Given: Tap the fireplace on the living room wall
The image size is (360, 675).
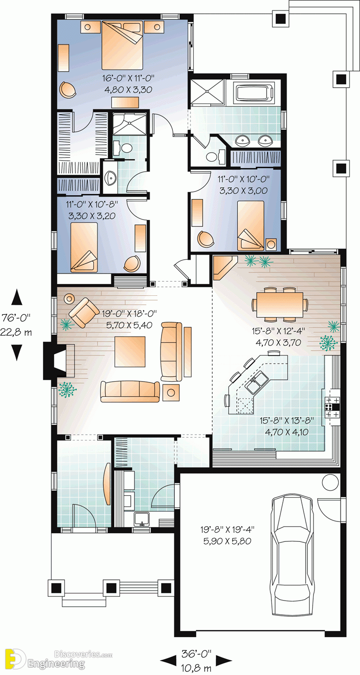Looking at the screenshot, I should (60, 361).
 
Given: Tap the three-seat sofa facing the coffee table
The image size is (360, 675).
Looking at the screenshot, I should (129, 392).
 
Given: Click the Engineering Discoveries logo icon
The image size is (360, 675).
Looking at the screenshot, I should (14, 658).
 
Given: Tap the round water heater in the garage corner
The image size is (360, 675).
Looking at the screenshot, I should (330, 483).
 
